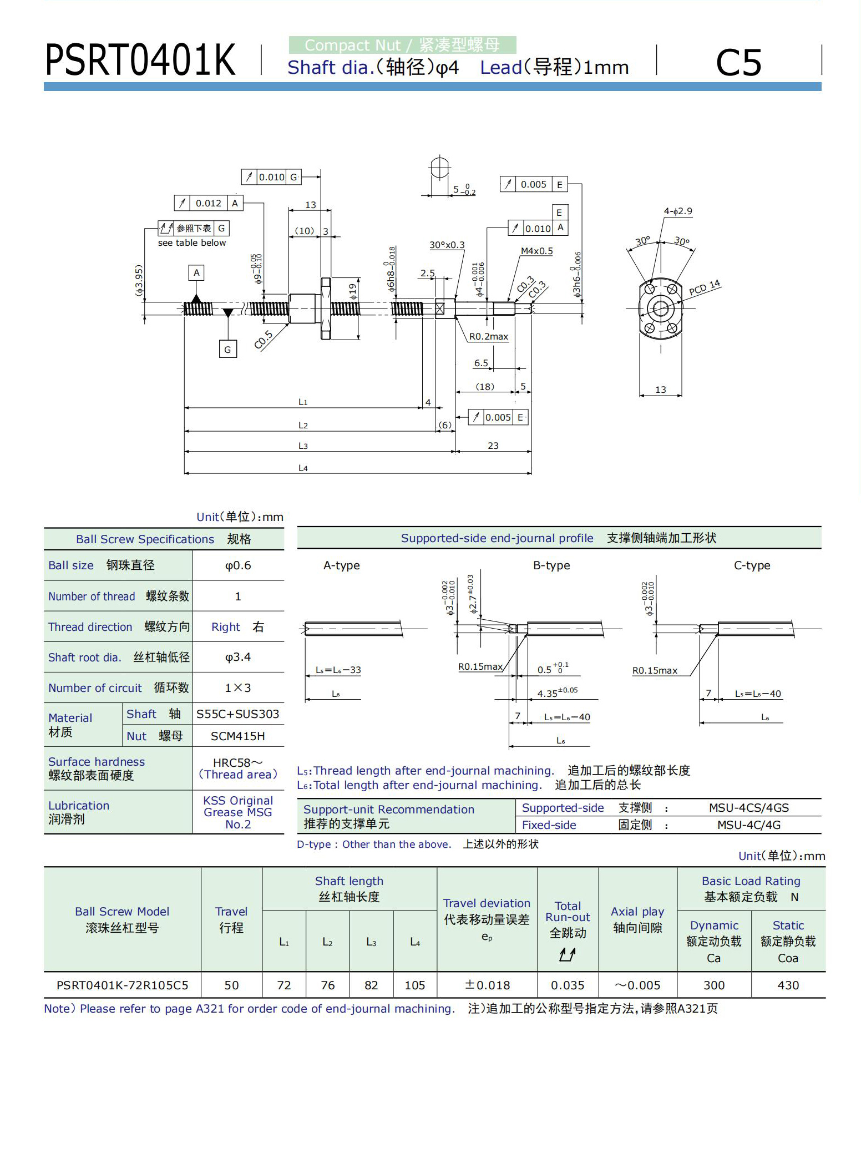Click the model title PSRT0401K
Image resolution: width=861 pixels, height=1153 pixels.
140,60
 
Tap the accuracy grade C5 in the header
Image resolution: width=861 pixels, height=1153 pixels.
738,62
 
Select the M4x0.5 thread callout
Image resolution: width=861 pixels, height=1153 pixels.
536,251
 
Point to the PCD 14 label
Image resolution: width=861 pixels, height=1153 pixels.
705,287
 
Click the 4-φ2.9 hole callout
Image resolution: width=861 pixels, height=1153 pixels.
678,211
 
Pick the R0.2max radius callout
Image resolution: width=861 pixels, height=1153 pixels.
489,336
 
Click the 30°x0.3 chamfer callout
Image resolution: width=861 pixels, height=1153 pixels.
447,245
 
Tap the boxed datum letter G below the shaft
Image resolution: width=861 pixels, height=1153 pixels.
227,349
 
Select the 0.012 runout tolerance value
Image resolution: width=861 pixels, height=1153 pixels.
209,203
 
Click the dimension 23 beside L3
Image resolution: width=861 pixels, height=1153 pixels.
493,446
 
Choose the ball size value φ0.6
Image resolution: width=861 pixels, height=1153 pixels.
238,565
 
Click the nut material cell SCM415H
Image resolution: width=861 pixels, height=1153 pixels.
238,736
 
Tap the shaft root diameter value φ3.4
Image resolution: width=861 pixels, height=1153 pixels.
238,657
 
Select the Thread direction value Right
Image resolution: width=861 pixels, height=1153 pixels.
226,627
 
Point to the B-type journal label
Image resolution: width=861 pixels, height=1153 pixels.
551,565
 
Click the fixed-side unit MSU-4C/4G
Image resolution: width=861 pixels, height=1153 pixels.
749,825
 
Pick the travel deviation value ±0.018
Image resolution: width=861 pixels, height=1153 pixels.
487,985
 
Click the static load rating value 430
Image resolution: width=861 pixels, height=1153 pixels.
788,985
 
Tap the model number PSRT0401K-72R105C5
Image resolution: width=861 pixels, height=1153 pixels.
123,985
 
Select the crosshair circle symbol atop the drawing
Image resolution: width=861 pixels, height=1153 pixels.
439,167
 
